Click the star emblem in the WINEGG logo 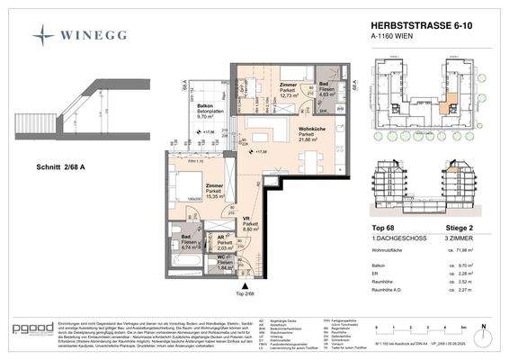tap(43, 34)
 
